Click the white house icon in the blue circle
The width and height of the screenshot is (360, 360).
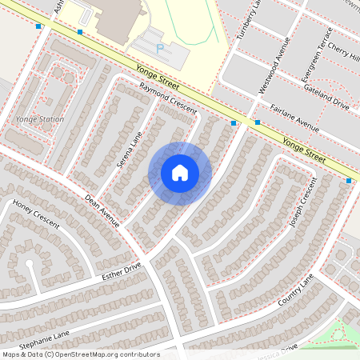click(x=180, y=173)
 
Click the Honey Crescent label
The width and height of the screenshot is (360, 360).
click(x=36, y=215)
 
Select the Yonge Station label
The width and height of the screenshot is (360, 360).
click(x=39, y=118)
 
